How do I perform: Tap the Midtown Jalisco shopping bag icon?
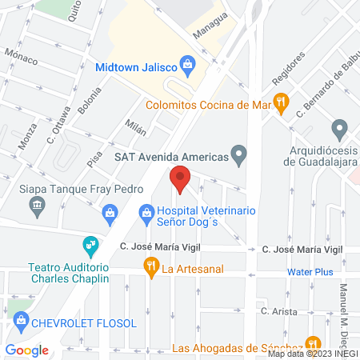coord(186,62)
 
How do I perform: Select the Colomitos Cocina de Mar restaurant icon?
coord(280,102)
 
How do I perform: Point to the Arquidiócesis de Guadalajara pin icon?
coord(339,128)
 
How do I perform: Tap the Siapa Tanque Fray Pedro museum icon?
coord(37,207)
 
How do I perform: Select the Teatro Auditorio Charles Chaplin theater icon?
coord(90,243)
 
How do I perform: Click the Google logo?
coord(26,350)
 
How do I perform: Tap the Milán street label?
coord(136,125)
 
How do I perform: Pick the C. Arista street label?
coord(278,311)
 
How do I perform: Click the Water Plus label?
coord(310,272)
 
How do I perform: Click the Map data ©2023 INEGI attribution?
coord(312,354)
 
